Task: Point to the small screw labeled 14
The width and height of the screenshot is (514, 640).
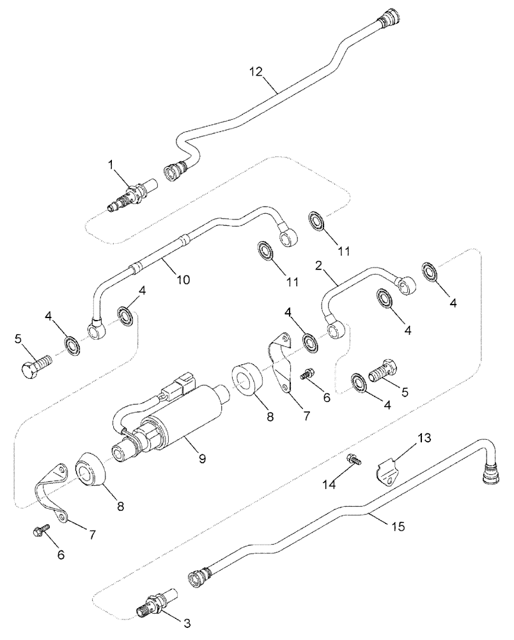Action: point(354,459)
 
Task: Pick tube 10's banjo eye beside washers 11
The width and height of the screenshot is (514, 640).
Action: point(288,237)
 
